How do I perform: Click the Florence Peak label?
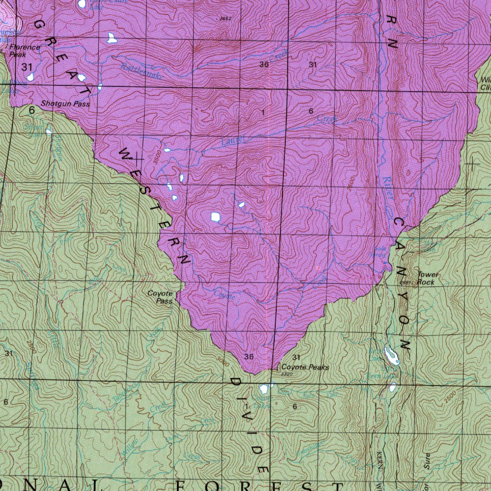click(24, 51)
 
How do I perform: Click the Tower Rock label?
click(427, 279)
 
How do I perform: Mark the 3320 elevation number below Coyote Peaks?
click(286, 374)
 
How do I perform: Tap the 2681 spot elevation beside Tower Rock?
click(405, 282)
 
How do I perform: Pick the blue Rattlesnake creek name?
click(142, 71)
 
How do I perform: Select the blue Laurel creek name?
click(234, 140)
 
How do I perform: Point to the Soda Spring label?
click(380, 252)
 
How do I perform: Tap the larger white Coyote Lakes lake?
click(263, 389)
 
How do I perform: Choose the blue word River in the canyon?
click(388, 187)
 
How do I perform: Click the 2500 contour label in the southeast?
click(449, 397)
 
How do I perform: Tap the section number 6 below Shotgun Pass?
click(32, 110)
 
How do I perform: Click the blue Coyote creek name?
click(224, 294)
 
